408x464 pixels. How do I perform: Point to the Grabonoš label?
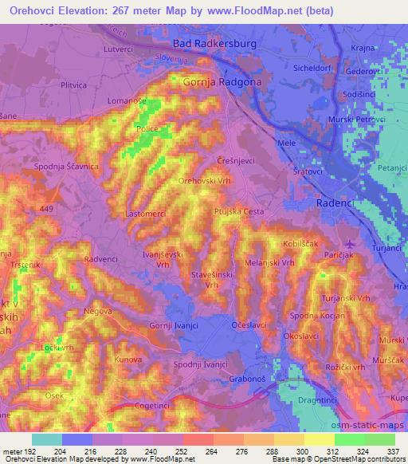(x=246, y=379)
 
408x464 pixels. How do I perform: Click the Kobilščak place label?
(x=300, y=243)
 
